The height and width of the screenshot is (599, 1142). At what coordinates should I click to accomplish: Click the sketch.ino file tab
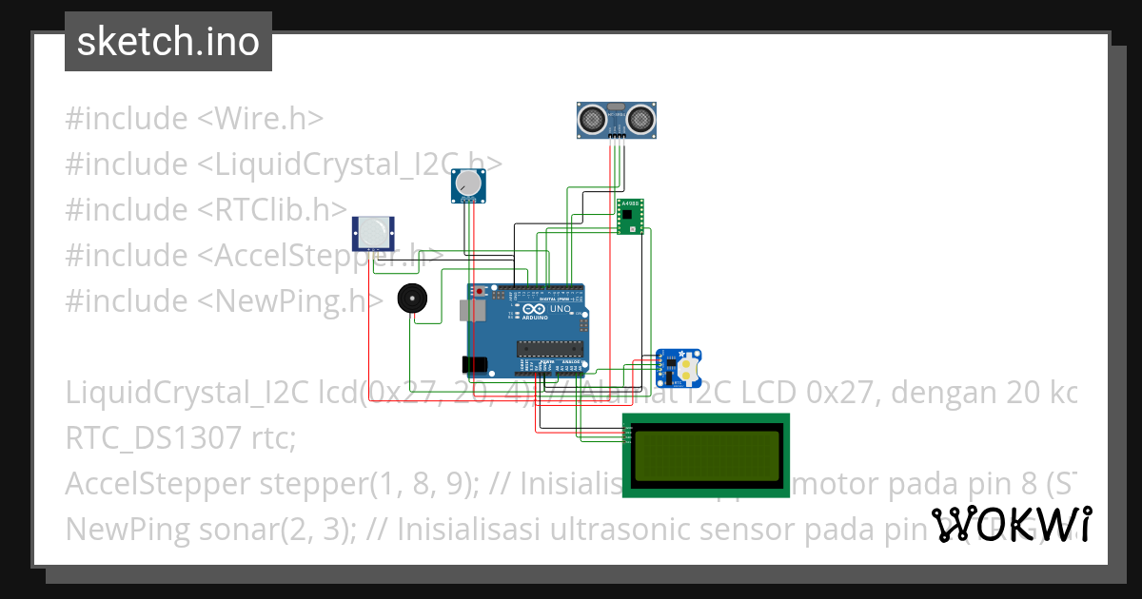(168, 42)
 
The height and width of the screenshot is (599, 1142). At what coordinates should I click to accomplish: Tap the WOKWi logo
(1011, 524)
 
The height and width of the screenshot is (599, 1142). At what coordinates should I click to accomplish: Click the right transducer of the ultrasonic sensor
(638, 119)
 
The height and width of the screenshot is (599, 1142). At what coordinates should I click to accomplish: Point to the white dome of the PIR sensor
(375, 229)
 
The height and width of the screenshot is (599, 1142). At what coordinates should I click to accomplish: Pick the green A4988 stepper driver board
(629, 216)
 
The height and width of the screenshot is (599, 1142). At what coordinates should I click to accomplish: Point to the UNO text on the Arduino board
(560, 308)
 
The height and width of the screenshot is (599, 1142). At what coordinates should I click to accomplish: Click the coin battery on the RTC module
(688, 368)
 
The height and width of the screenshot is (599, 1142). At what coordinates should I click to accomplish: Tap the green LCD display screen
(705, 454)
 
